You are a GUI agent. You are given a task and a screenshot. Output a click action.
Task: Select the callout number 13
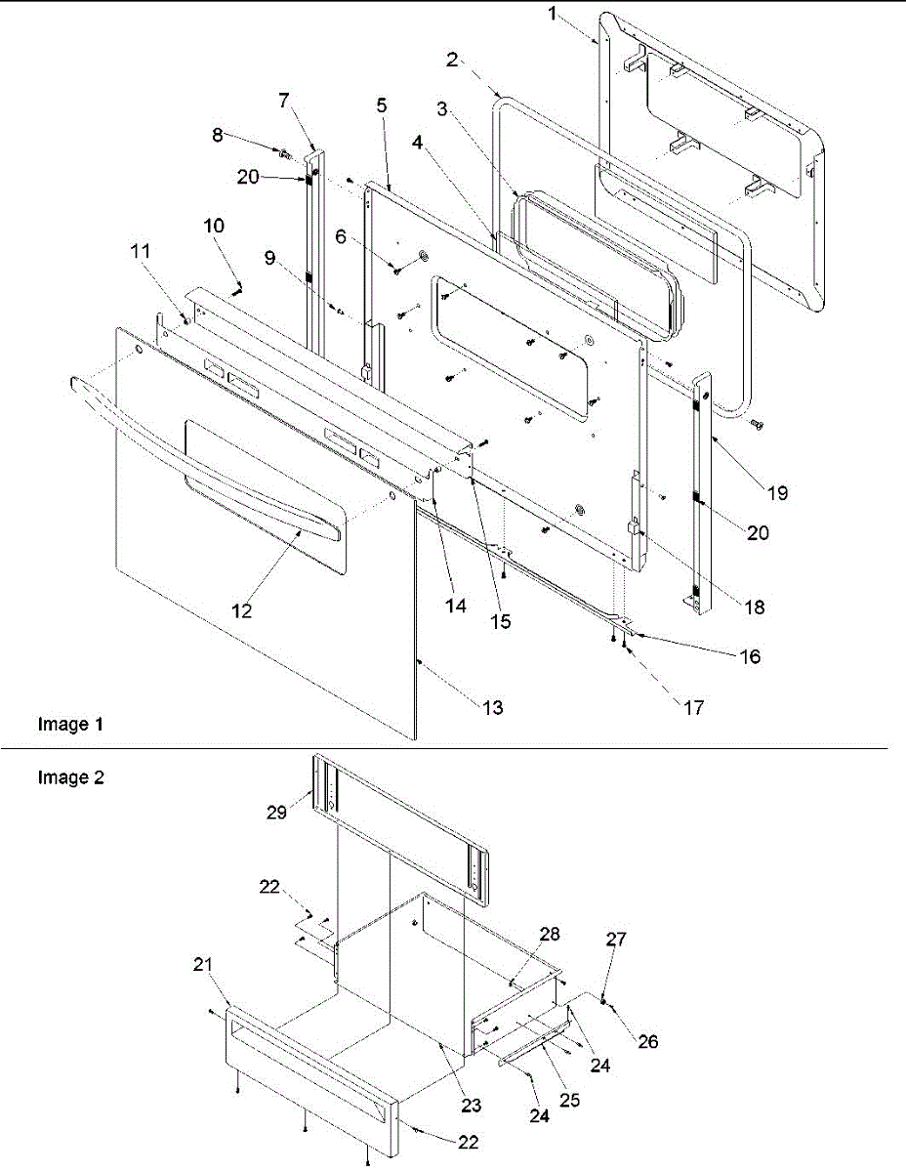tap(494, 708)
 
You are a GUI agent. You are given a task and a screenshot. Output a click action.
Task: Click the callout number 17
tap(692, 707)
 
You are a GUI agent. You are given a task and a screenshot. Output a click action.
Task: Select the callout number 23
tap(472, 1106)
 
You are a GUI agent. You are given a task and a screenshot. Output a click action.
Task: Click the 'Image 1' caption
tap(70, 725)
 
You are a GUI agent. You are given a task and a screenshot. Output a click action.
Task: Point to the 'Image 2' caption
tap(70, 777)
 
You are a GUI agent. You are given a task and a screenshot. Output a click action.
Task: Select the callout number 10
tap(214, 225)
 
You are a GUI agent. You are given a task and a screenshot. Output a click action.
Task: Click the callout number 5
tap(382, 104)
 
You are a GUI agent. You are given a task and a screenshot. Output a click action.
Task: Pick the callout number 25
tap(571, 1100)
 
